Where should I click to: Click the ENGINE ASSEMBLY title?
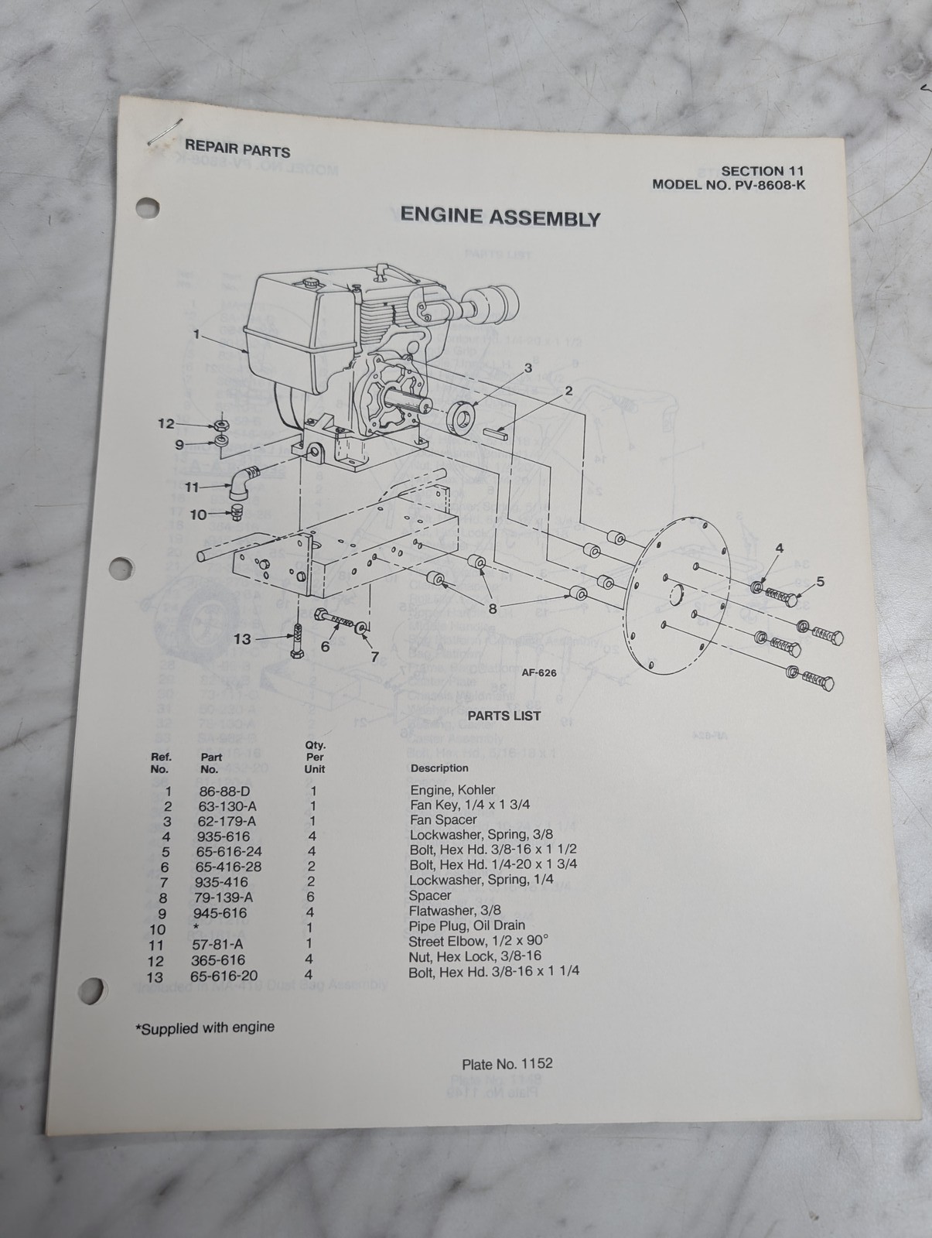click(500, 217)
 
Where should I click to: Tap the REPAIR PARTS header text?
click(237, 149)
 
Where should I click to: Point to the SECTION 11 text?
click(763, 171)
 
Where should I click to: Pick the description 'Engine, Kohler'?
click(452, 791)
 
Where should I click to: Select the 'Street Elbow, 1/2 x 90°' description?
click(478, 942)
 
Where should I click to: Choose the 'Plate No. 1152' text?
click(507, 1064)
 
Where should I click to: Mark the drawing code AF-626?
click(539, 673)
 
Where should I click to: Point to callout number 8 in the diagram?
click(492, 608)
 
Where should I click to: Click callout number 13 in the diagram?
click(242, 639)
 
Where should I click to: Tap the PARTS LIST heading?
click(504, 716)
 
